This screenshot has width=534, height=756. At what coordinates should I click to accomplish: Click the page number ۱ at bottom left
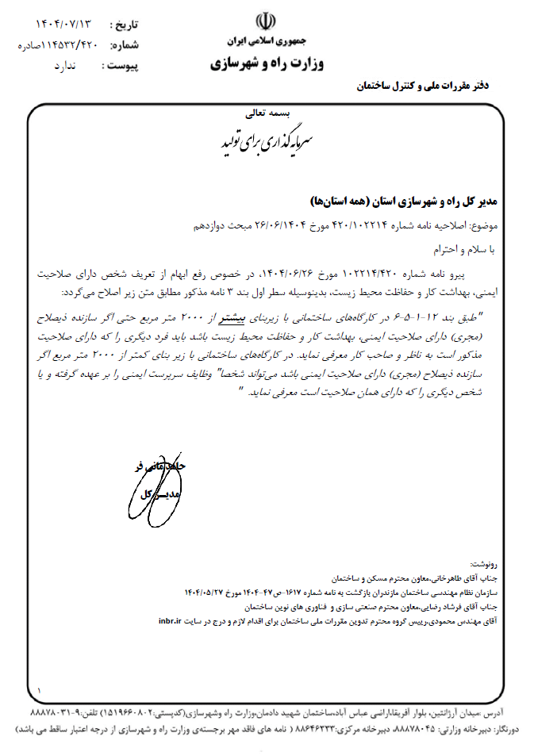click(x=39, y=692)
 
